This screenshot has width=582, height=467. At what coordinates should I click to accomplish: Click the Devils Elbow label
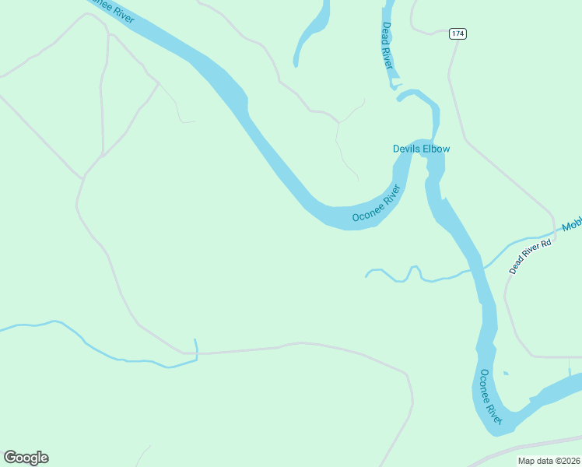[421, 149]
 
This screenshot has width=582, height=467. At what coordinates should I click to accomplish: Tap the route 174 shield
[458, 34]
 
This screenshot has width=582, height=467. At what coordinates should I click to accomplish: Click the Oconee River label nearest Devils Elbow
[376, 204]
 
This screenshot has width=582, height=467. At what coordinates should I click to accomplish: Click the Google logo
[26, 458]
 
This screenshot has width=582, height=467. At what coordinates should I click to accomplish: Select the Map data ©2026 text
[549, 461]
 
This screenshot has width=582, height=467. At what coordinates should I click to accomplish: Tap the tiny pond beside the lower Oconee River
[506, 374]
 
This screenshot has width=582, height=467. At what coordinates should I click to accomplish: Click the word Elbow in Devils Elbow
[437, 149]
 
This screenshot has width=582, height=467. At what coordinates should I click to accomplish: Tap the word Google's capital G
[9, 457]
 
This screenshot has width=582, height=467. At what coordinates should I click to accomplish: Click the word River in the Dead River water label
[387, 57]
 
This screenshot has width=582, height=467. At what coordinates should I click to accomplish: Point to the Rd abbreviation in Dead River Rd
[546, 243]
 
